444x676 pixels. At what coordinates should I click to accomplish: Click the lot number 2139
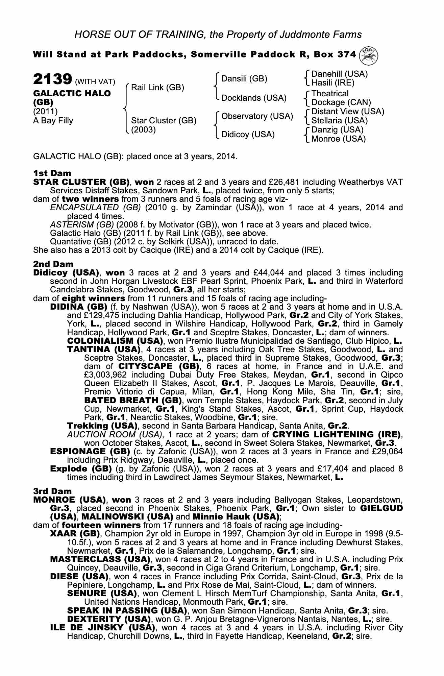tap(52, 80)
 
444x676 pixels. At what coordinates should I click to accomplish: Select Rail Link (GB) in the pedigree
tap(157, 88)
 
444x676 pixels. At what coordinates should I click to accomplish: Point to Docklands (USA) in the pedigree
tap(253, 98)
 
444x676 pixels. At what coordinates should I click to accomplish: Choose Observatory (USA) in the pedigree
tap(257, 116)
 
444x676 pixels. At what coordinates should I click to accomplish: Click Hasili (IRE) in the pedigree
tap(332, 83)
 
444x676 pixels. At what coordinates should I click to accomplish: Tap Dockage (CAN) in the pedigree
tap(341, 102)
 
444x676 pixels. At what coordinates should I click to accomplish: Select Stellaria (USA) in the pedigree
tap(339, 121)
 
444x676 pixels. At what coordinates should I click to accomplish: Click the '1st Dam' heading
tap(52, 173)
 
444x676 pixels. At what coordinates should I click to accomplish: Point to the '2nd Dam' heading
tap(53, 264)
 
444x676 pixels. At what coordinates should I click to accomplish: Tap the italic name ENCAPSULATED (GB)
tap(95, 208)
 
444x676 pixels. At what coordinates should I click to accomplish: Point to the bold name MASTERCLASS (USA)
tap(100, 559)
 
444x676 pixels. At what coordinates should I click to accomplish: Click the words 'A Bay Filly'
tap(53, 121)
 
